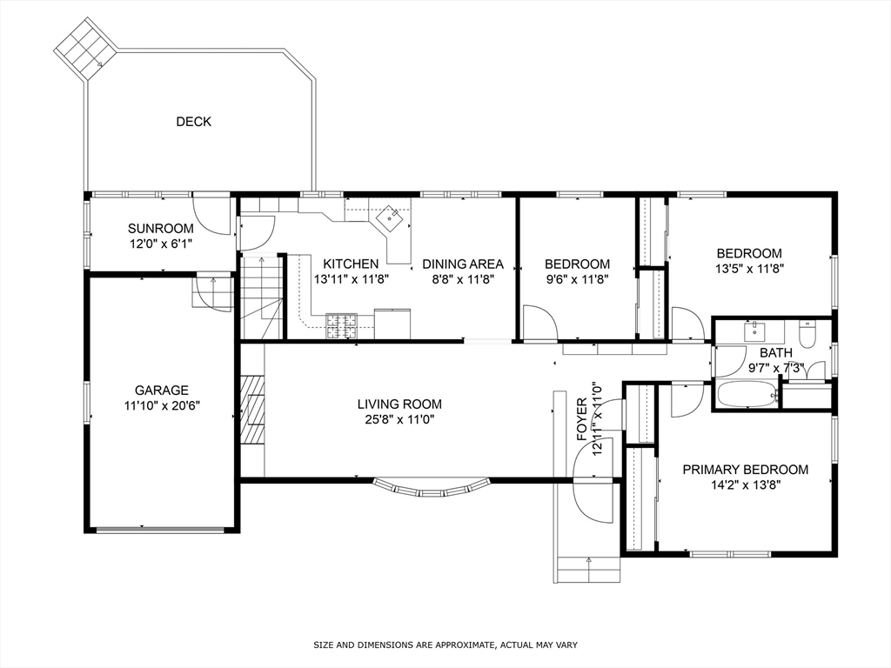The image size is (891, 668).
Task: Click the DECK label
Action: [x=193, y=122]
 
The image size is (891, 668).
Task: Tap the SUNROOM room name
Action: [x=160, y=229]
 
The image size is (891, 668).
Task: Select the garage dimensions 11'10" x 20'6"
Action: [x=161, y=406]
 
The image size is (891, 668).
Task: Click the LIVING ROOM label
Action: [x=399, y=404]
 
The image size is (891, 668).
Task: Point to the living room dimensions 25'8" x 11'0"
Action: [x=399, y=419]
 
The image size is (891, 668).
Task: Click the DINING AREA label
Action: [x=462, y=264]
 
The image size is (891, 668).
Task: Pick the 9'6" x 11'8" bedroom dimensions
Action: [x=577, y=279]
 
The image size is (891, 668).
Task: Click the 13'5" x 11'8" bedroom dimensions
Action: [x=748, y=269]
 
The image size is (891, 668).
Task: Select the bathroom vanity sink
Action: [x=754, y=331]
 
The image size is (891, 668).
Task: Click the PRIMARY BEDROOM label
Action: [x=745, y=470]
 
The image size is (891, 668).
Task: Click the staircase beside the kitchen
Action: [x=261, y=296]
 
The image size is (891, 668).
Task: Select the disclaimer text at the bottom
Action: [x=445, y=645]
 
